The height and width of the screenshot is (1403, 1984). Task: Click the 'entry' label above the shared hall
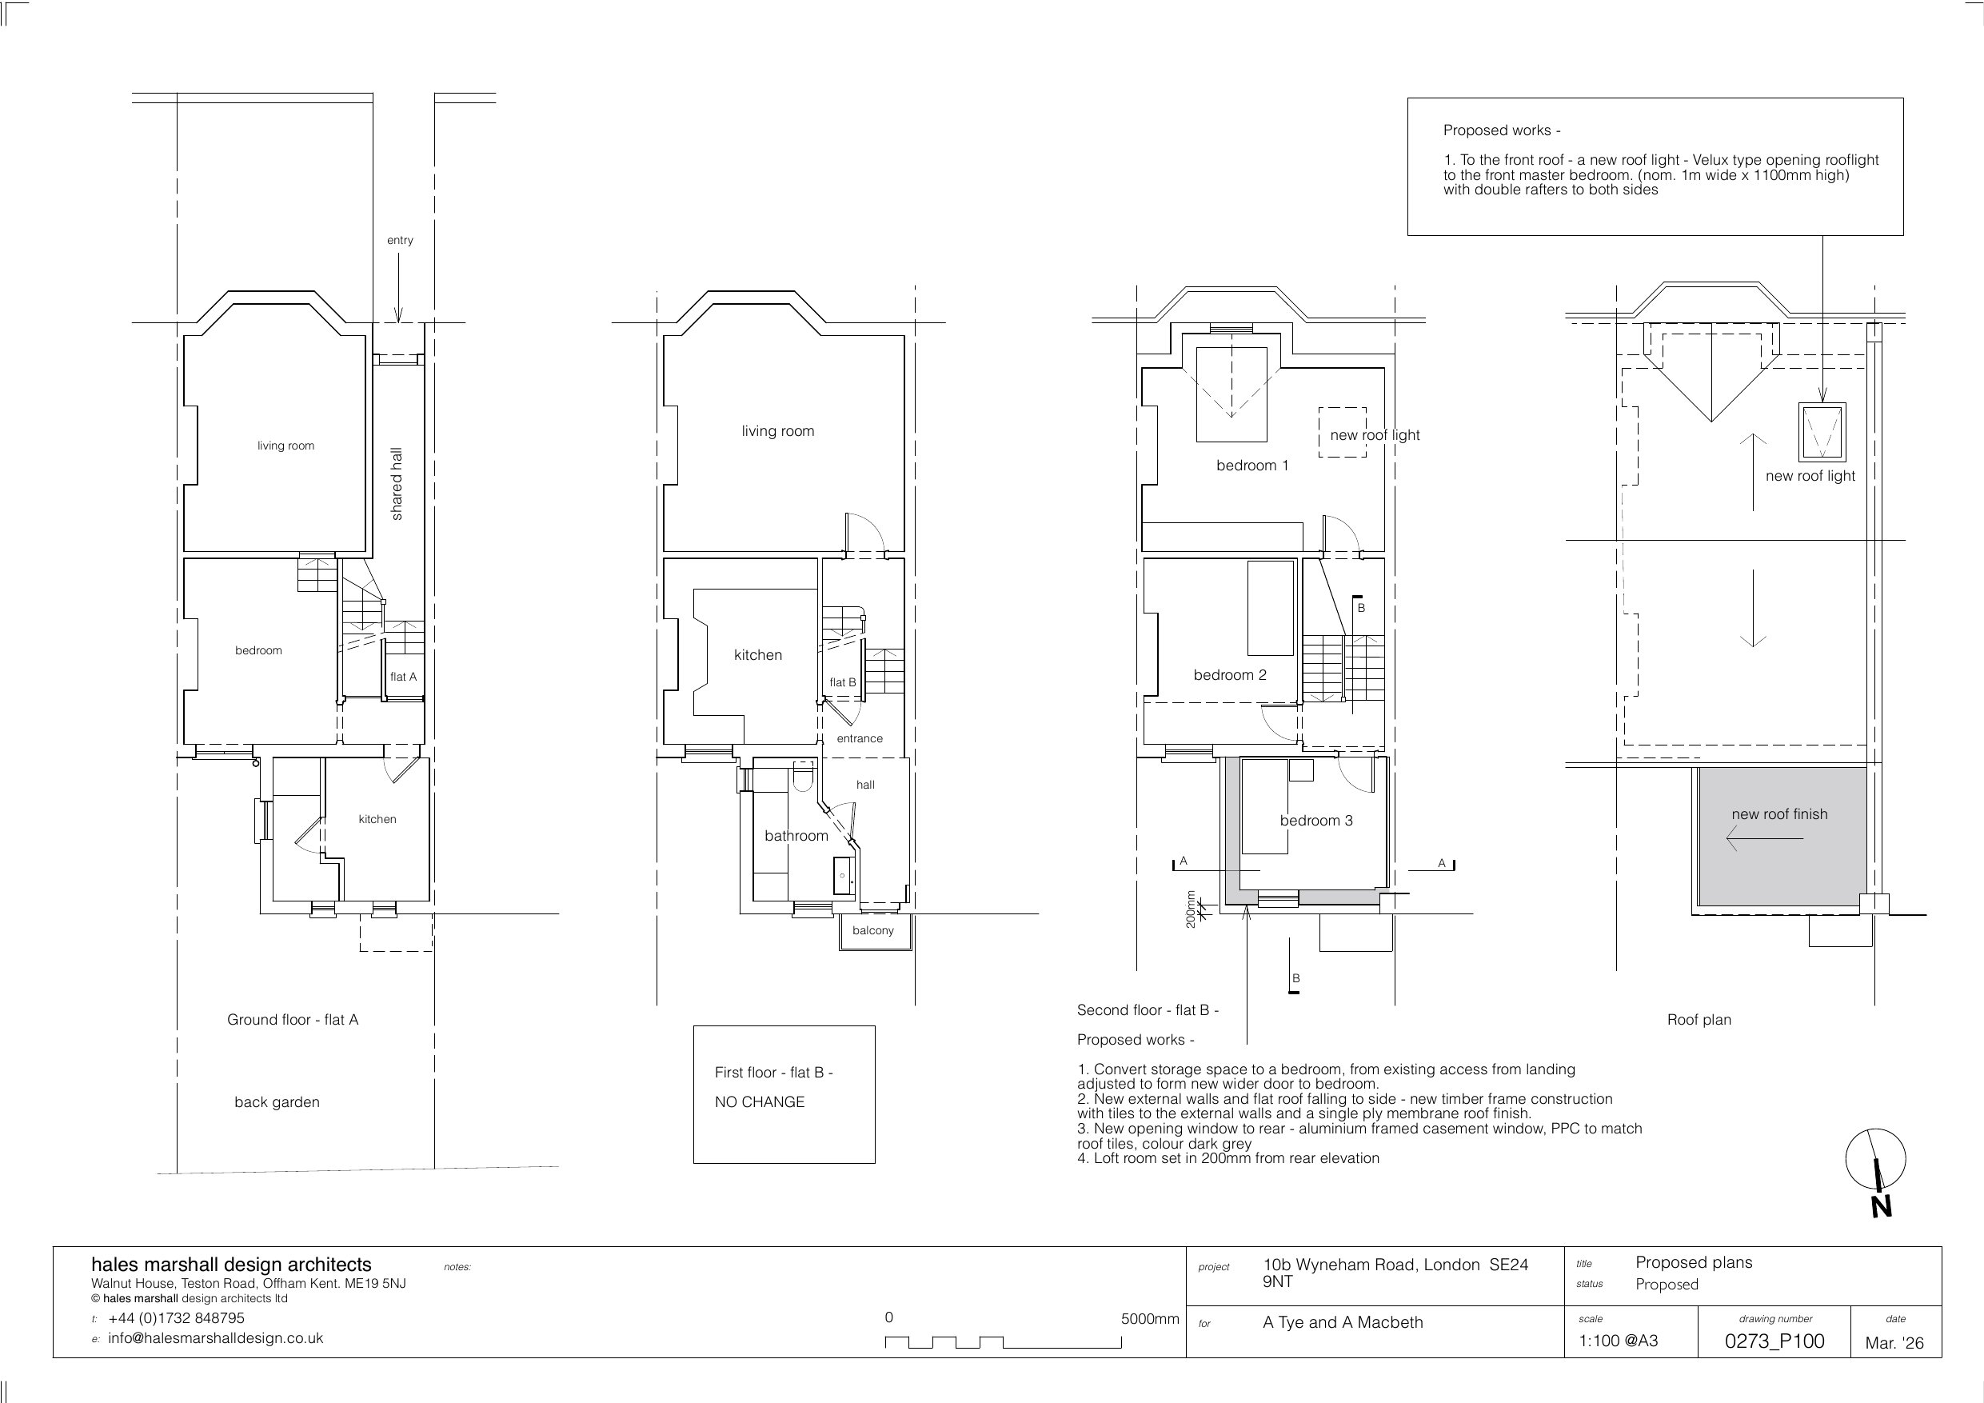tap(400, 240)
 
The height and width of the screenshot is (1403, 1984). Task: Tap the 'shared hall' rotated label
tap(397, 483)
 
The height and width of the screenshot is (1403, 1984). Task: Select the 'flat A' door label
tap(404, 676)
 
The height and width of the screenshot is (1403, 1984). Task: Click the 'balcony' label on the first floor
tap(872, 930)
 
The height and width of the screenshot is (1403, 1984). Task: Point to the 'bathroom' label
tap(796, 835)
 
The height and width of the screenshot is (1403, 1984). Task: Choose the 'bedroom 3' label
tap(1316, 821)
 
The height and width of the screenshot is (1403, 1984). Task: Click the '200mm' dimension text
tap(1191, 909)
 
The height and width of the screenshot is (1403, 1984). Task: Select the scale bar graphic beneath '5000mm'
tap(1004, 1342)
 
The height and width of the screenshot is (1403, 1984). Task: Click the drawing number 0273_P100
tap(1775, 1341)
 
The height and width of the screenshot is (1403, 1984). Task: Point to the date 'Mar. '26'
tap(1895, 1342)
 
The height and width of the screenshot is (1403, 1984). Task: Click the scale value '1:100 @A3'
tap(1619, 1341)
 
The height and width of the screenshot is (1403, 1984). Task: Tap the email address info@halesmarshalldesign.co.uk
tap(215, 1338)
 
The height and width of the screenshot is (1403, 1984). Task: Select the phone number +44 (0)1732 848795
tap(176, 1318)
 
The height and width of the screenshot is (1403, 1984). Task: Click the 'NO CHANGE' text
tap(760, 1102)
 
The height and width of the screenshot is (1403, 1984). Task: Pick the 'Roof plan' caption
tap(1699, 1020)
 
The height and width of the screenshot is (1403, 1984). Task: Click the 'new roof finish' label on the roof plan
tap(1779, 814)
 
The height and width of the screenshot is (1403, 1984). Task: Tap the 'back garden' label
tap(277, 1102)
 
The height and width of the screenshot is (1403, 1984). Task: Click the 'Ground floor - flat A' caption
tap(292, 1020)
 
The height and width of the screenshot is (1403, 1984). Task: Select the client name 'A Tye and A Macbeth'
tap(1343, 1322)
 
